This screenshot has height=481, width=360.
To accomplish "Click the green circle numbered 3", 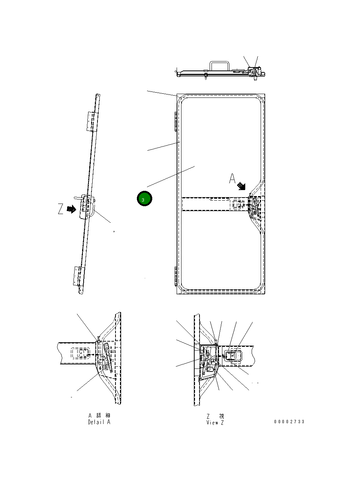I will click(144, 199).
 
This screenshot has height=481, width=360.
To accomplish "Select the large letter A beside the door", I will click(233, 178).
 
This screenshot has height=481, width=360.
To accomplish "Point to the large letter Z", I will click(61, 209).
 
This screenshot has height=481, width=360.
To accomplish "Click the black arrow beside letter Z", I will click(71, 209).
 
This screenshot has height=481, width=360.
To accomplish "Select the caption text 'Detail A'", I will click(99, 422).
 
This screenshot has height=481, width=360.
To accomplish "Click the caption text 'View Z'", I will click(215, 423).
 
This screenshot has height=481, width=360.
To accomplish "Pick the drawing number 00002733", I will click(289, 422).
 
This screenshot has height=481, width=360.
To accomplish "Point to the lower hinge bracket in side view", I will click(78, 276).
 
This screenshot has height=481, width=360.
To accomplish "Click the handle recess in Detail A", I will click(79, 354).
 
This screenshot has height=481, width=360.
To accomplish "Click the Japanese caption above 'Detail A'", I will click(99, 415).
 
